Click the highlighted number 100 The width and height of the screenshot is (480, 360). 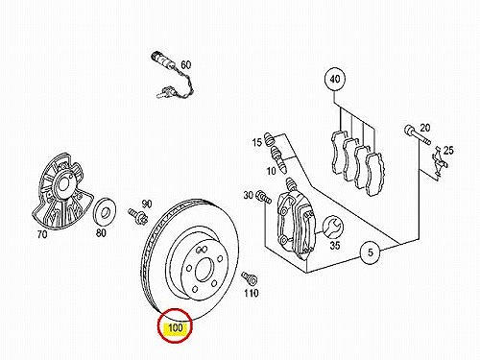coord(175,328)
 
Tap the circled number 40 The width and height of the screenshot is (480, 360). coord(335,79)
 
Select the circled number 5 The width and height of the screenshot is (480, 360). coord(371,252)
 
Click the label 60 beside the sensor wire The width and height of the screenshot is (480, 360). coord(185,64)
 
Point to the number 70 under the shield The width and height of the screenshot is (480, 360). coord(42,234)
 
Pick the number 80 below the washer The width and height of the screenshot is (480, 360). coord(101,232)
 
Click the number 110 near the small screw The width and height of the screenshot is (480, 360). coord(252,293)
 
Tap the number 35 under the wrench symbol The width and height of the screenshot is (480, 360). coord(335,246)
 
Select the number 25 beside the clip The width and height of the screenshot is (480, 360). coord(448,150)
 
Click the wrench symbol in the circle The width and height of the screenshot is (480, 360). coord(331,227)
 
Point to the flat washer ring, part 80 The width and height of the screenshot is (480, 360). coord(104,212)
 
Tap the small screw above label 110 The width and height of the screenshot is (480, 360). coord(250,277)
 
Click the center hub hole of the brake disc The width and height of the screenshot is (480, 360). coord(204,271)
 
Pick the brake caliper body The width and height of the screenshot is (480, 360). coord(296,224)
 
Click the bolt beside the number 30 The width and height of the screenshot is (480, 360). coord(263,197)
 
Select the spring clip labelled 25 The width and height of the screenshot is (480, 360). coord(439,161)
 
